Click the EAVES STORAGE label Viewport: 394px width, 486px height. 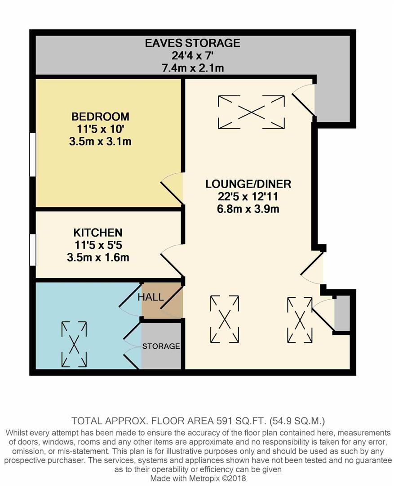[x=192, y=43]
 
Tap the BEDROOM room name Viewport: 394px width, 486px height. [x=100, y=117]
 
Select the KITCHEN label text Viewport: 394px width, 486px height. [x=97, y=233]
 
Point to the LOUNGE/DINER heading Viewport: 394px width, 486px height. [x=248, y=184]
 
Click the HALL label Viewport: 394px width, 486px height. [x=151, y=297]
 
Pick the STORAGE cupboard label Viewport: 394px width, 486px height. [x=161, y=346]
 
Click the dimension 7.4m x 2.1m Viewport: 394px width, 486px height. [x=192, y=68]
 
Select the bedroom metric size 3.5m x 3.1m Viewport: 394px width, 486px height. [x=100, y=142]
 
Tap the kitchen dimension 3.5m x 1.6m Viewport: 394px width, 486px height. [x=97, y=257]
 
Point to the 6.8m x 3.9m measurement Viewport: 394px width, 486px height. [x=248, y=209]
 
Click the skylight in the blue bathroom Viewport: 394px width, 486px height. [x=74, y=343]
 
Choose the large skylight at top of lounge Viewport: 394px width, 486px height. [x=251, y=112]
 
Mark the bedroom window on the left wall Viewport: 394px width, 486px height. [x=32, y=154]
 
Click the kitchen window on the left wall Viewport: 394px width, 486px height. [x=32, y=249]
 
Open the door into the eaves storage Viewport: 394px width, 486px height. [x=304, y=98]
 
